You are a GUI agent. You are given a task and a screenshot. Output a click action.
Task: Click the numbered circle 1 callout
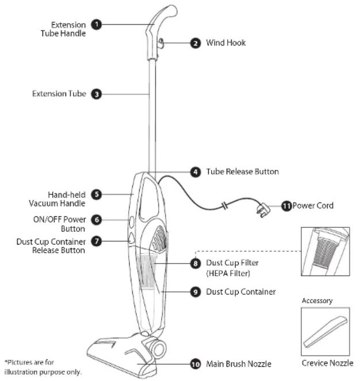97,25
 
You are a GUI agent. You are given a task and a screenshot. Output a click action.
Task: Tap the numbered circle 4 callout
196,172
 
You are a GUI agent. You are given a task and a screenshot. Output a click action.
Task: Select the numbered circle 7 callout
97,241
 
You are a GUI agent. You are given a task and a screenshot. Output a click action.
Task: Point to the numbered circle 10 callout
196,364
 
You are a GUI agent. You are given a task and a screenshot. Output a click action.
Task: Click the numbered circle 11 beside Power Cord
286,206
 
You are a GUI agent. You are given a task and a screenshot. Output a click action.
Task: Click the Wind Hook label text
226,43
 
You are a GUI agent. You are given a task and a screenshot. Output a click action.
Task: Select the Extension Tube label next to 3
59,94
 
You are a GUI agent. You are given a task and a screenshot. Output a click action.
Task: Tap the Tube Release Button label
242,172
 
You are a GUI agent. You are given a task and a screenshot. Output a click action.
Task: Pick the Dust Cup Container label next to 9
241,292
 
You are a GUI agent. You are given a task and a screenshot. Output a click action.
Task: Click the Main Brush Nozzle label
239,364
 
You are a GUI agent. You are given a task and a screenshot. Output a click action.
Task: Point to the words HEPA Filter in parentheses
228,273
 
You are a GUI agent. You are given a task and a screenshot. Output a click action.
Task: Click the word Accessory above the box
317,301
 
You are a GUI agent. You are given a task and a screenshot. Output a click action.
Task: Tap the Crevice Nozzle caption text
327,363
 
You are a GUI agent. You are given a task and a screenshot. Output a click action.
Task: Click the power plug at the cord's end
263,210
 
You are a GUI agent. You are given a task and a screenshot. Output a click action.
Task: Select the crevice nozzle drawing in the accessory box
325,332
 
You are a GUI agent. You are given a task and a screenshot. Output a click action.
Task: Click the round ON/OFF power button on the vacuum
131,222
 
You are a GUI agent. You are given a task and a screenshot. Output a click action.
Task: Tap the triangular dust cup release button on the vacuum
131,238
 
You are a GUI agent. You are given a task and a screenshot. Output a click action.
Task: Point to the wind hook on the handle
161,44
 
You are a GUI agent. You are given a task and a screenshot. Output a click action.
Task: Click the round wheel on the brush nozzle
159,349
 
